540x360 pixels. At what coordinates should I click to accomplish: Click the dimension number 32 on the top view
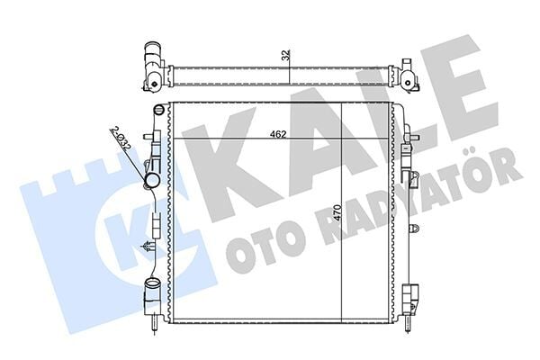coord(285,55)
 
